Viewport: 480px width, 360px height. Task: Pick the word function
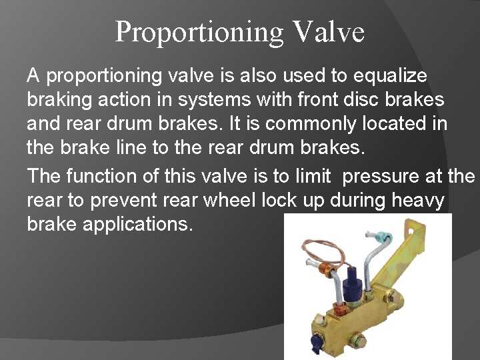[x=99, y=177]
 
